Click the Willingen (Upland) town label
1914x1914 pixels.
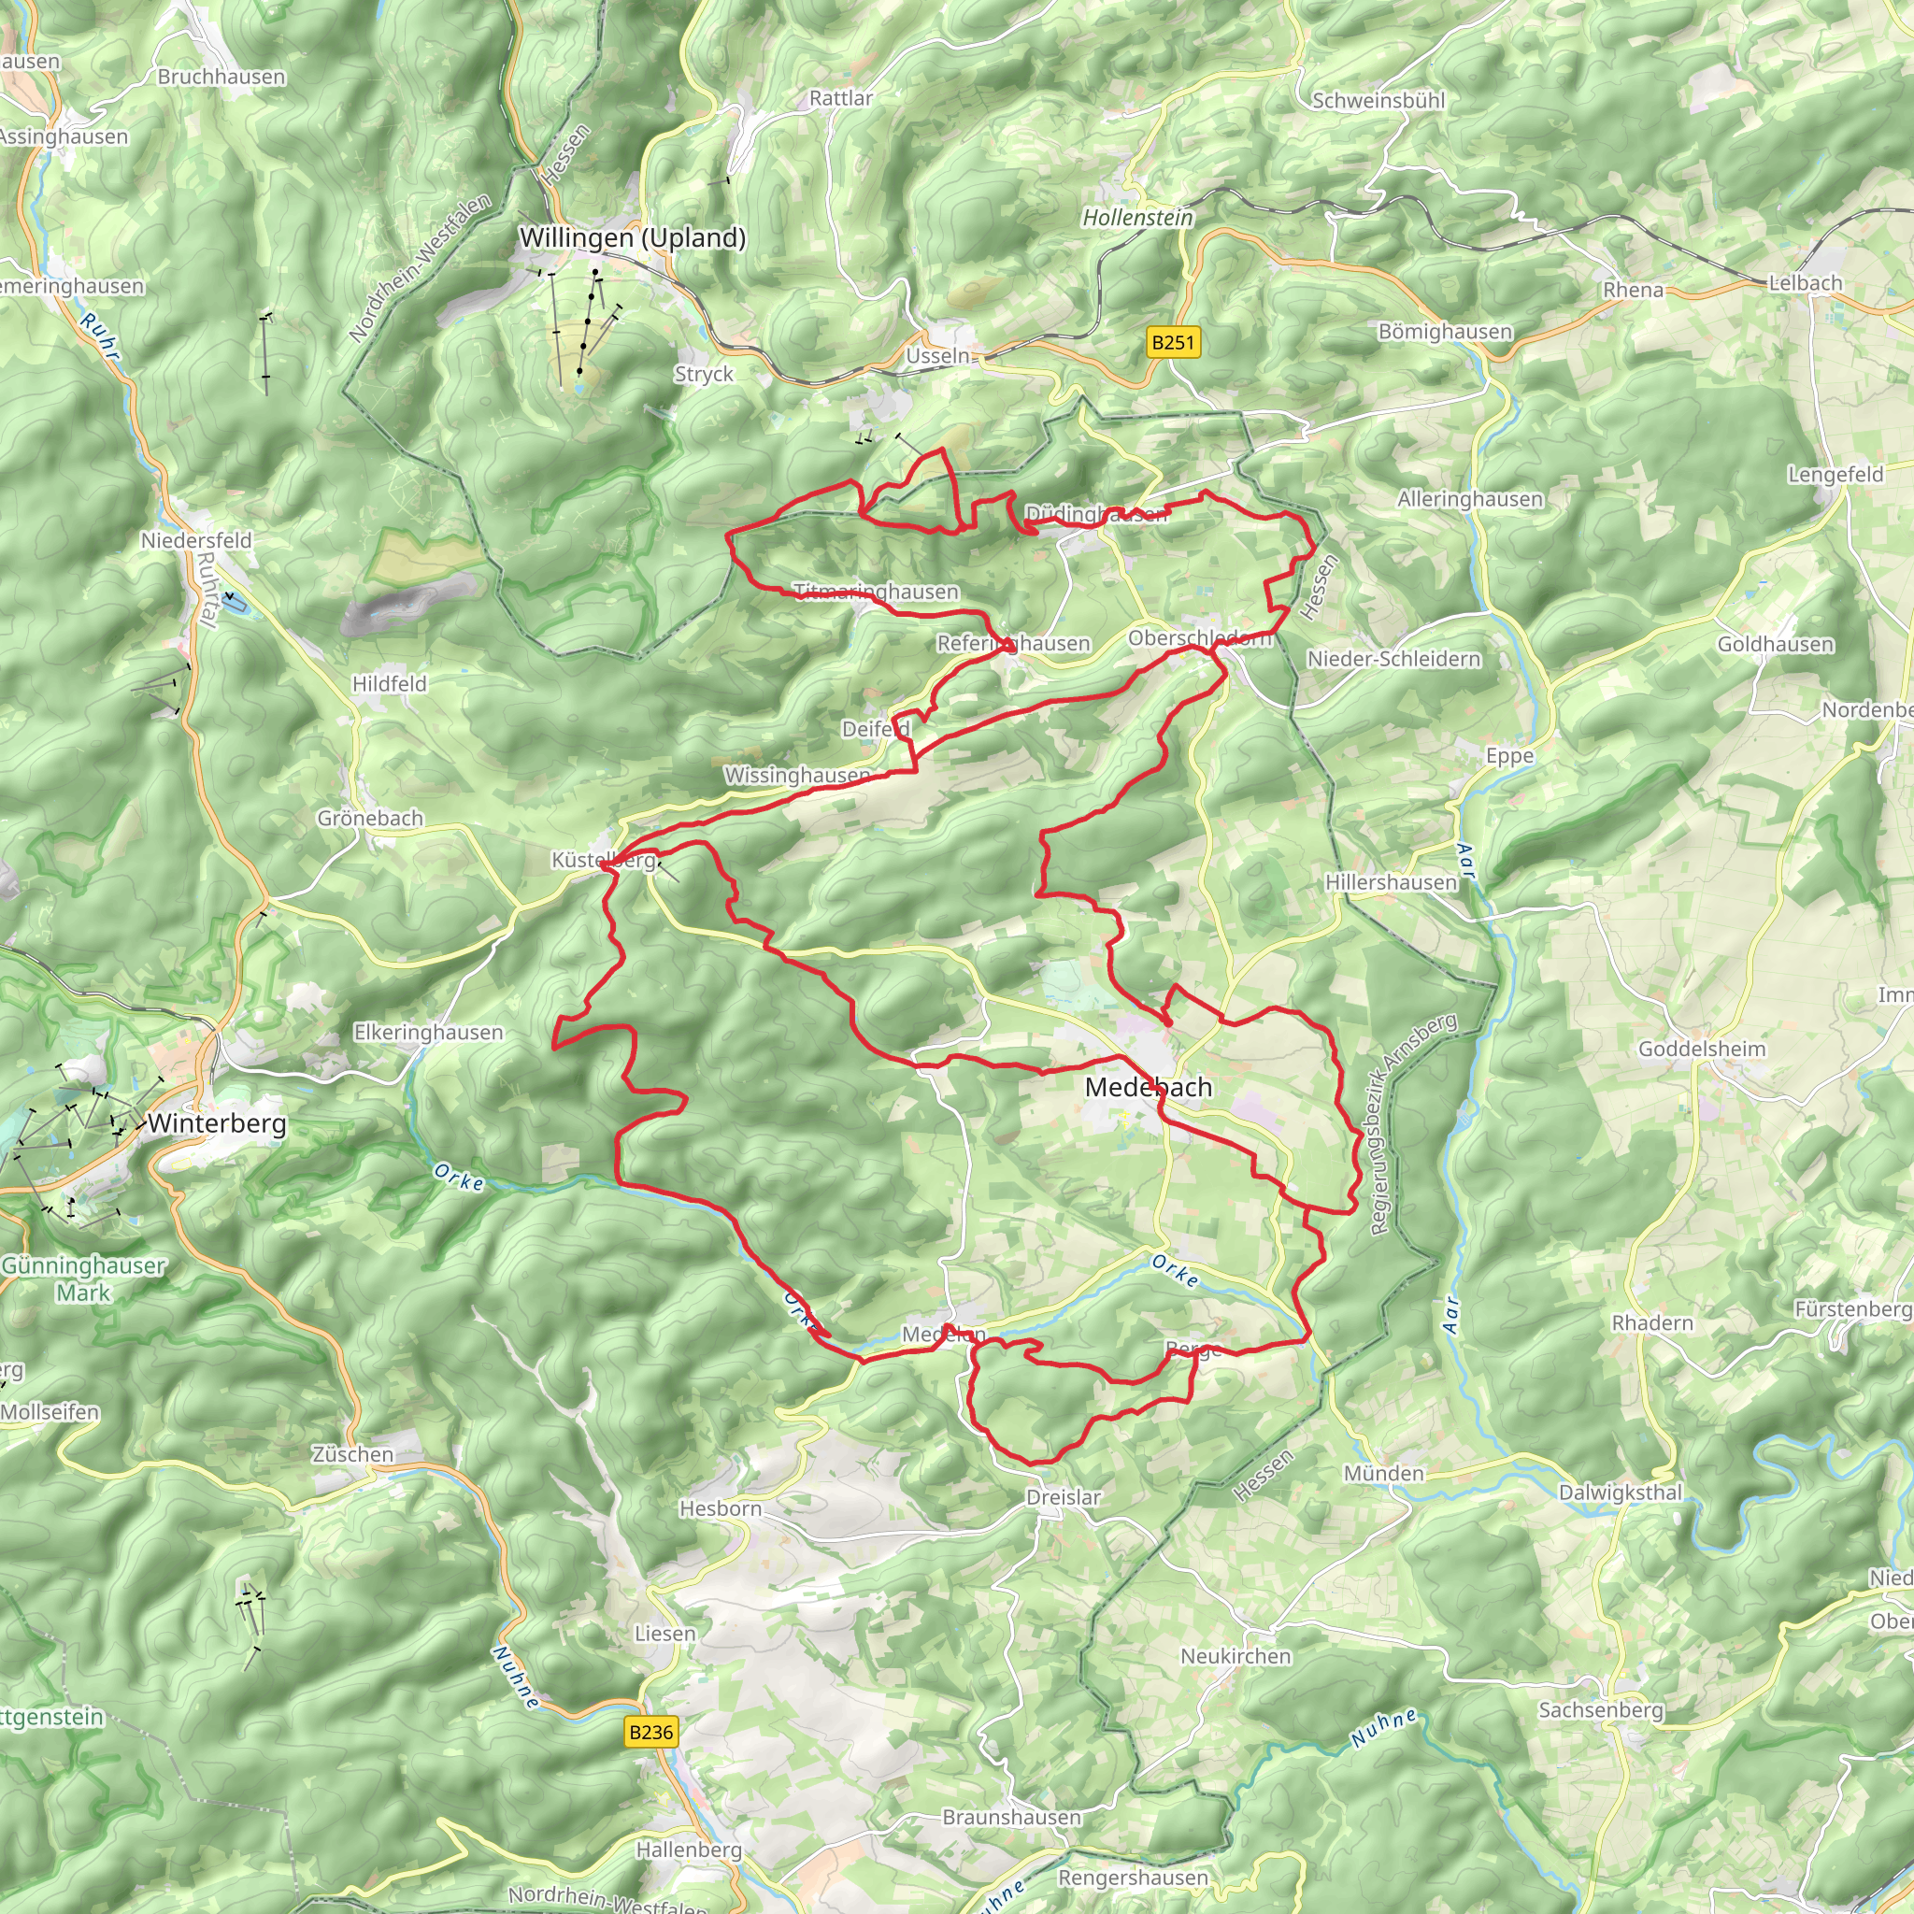coord(632,237)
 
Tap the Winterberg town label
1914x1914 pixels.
coord(217,1123)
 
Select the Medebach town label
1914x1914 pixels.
coord(1149,1087)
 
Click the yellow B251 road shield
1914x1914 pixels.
coord(1173,343)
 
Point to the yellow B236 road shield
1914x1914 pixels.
coord(650,1732)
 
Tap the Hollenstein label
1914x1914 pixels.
coord(1137,217)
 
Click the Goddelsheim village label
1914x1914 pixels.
coord(1701,1049)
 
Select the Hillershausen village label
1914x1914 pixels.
coord(1391,881)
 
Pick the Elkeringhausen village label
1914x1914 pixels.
coord(428,1033)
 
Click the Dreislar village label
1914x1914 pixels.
coord(1063,1497)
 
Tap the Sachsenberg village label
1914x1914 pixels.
coord(1600,1710)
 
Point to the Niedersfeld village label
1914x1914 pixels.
coord(196,541)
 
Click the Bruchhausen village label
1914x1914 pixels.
coord(221,77)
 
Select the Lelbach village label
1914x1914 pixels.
coord(1805,283)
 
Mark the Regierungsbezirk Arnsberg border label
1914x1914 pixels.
coord(1412,1123)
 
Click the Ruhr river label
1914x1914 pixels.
coord(99,336)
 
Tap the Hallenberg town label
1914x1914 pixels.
coord(689,1850)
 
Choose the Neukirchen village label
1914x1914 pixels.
coord(1236,1655)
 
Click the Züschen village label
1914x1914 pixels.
coord(352,1454)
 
